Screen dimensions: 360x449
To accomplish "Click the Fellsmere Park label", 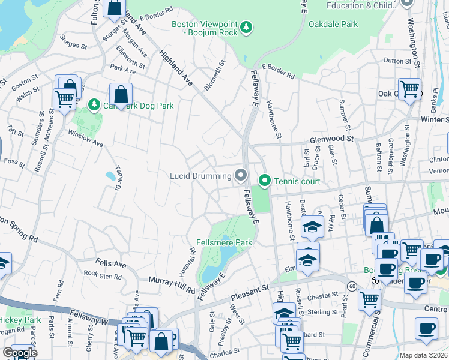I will [224, 242].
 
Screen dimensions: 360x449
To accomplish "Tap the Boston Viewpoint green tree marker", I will [246, 27].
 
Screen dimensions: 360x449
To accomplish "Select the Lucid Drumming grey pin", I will [241, 175].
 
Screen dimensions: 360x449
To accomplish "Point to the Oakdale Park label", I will [333, 25].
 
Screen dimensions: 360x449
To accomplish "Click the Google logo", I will [20, 353].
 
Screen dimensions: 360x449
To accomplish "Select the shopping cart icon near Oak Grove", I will [410, 89].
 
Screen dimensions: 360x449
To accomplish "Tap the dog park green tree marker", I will [94, 105].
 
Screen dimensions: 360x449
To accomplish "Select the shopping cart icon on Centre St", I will [369, 298].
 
